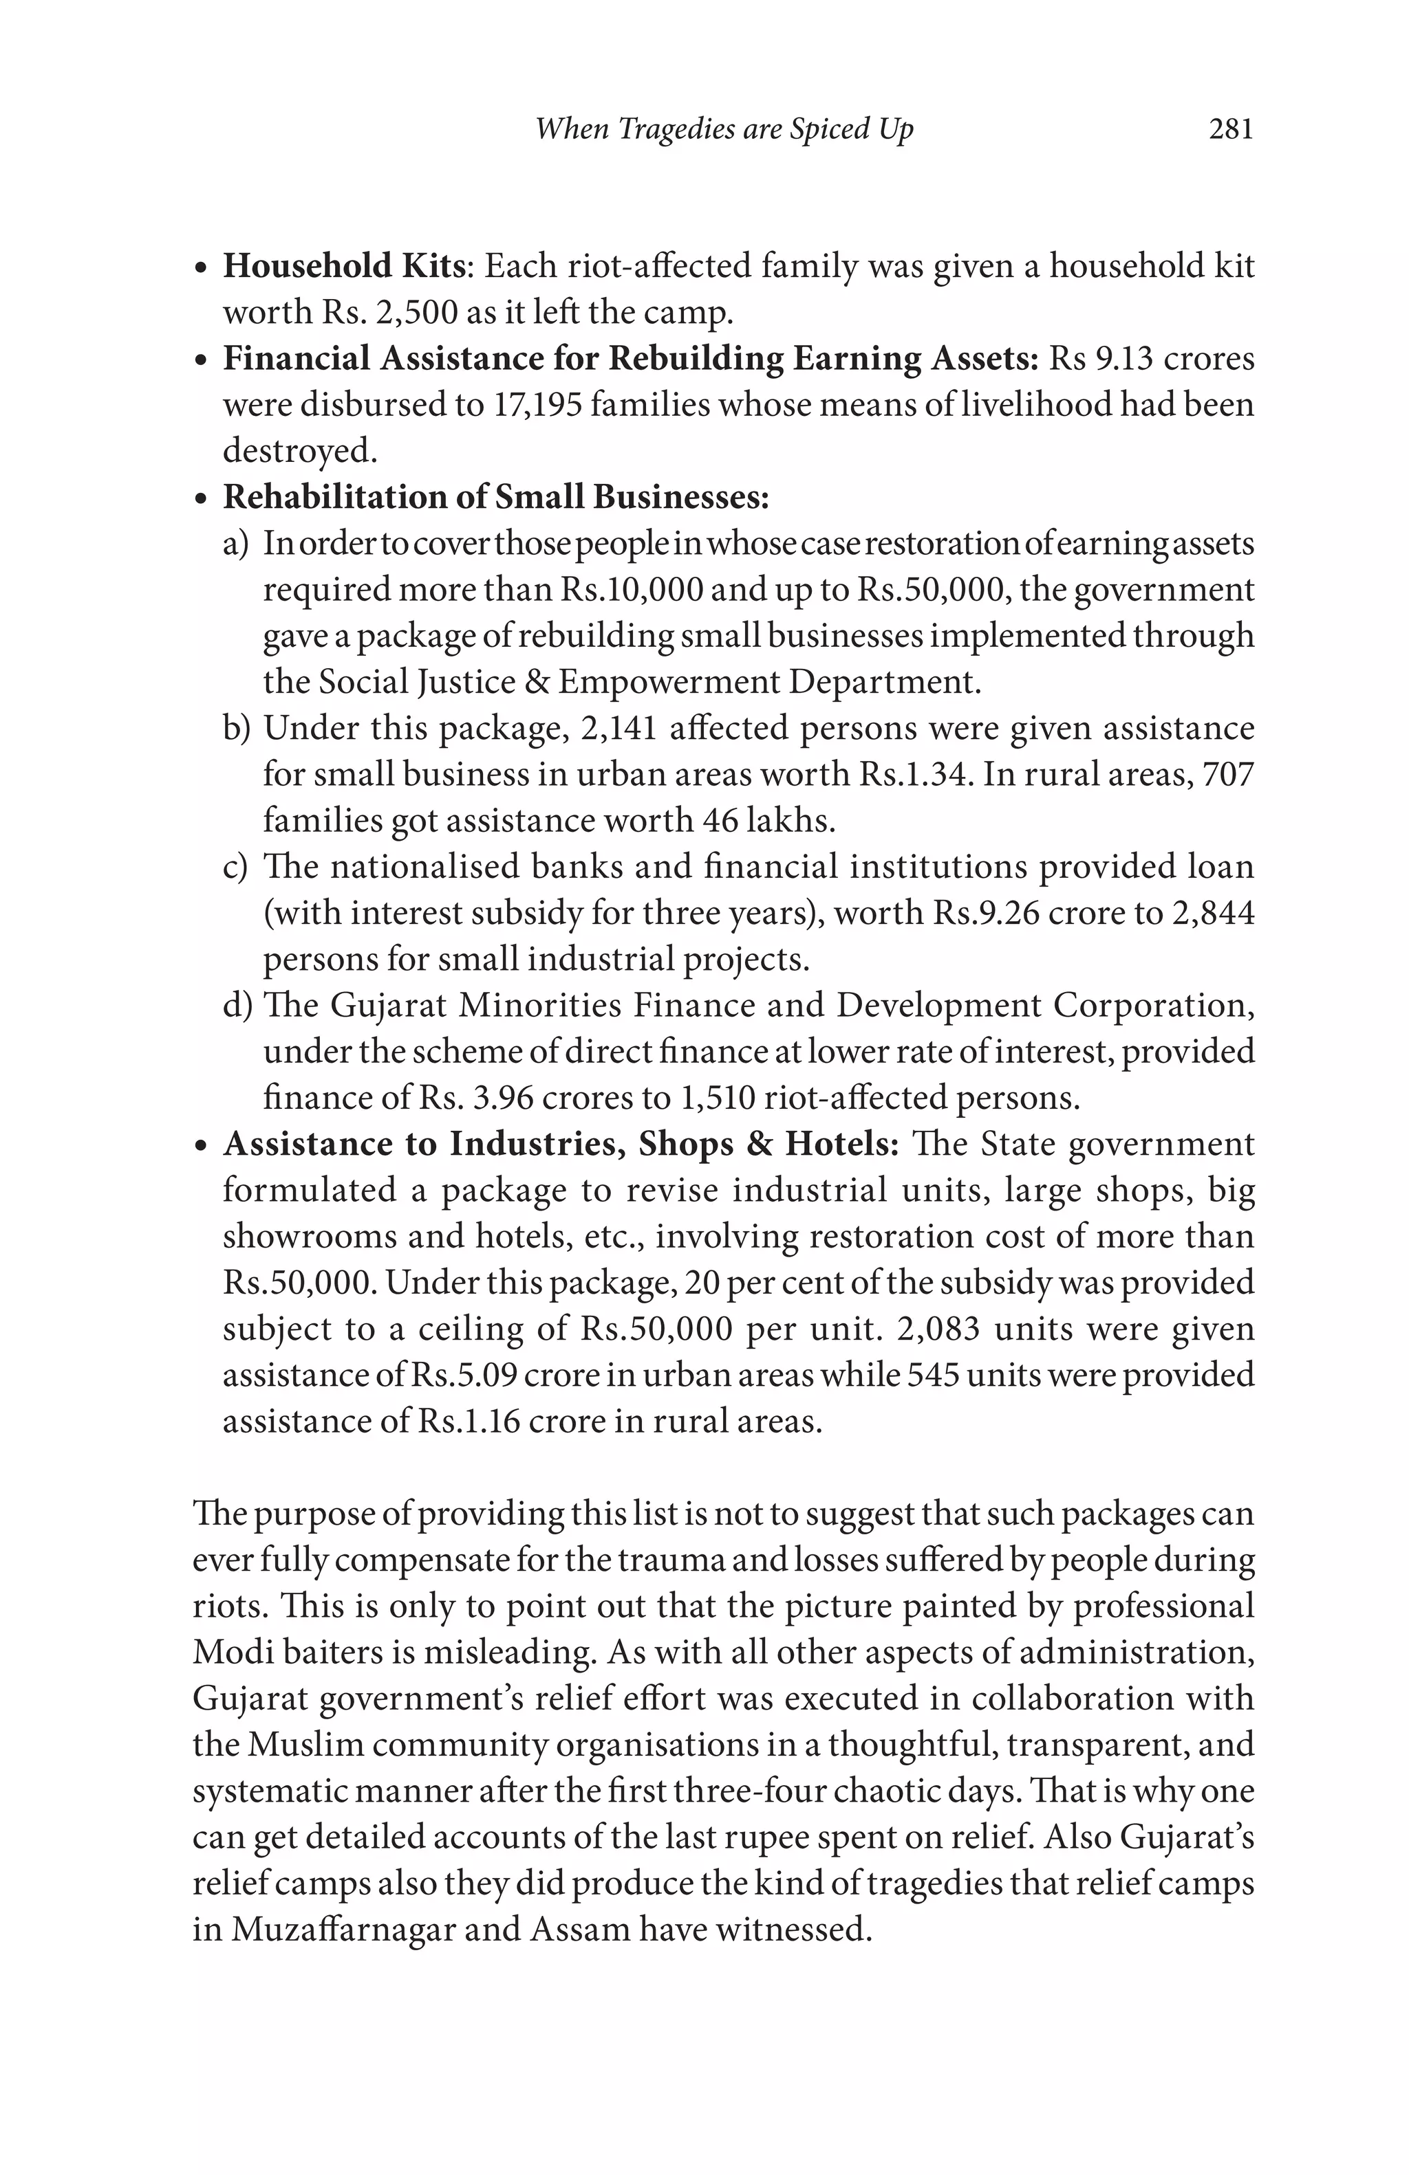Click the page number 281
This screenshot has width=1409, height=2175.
point(1230,129)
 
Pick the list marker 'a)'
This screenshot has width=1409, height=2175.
point(236,544)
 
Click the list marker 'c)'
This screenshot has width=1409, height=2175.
point(235,866)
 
